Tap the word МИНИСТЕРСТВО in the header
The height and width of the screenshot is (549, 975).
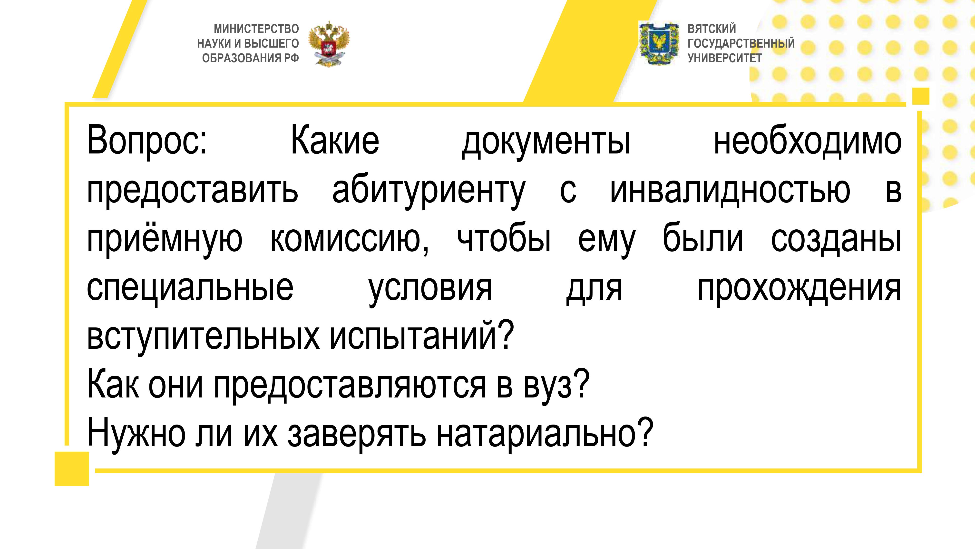tap(256, 29)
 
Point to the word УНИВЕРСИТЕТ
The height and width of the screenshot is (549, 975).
tap(724, 58)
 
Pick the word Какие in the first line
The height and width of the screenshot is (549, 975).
tap(335, 140)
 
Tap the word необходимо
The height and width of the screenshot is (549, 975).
tap(807, 140)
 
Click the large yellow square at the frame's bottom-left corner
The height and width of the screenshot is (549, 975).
tap(72, 469)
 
